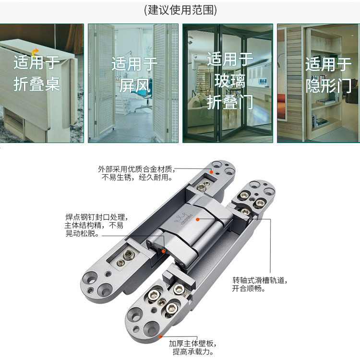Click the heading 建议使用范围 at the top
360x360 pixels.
coord(180,10)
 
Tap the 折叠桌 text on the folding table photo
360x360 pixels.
coord(37,84)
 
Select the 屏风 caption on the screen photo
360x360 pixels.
coord(135,85)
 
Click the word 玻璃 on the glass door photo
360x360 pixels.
coord(230,81)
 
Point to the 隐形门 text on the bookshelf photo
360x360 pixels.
coord(328,85)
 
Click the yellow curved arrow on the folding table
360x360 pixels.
coord(35,53)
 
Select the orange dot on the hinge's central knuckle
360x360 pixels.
coord(197,219)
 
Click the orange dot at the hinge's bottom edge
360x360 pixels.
coord(161,336)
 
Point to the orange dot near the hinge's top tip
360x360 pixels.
coord(212,172)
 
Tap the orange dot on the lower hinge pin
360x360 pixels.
coord(164,251)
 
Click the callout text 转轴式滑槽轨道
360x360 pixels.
coord(259,280)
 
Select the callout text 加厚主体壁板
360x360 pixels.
coord(191,344)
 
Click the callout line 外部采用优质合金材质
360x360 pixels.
coord(135,169)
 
